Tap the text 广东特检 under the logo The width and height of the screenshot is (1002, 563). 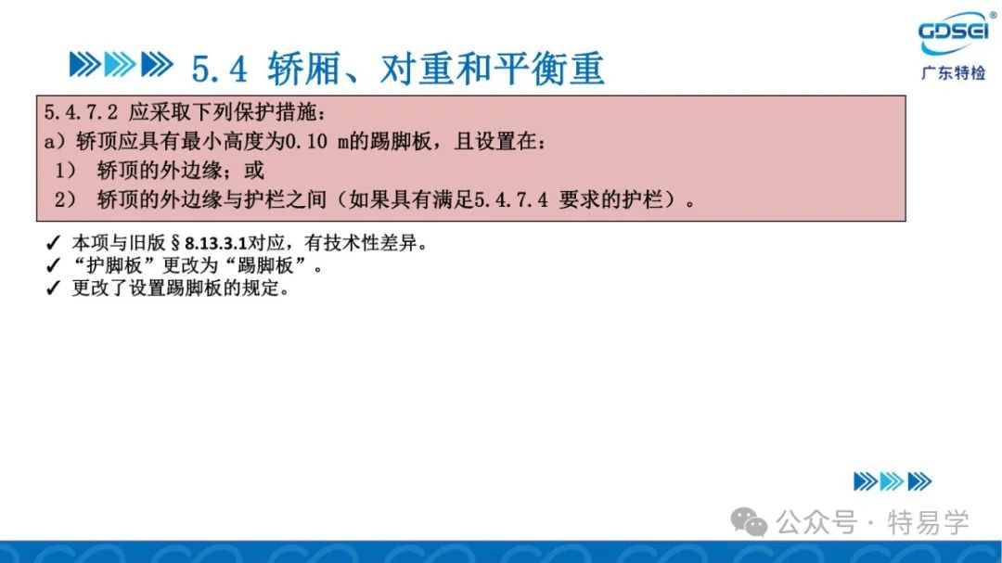(x=954, y=73)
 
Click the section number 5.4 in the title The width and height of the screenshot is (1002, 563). (x=219, y=69)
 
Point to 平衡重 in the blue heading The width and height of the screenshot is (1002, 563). (x=549, y=69)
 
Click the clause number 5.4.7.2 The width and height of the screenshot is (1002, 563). (x=81, y=113)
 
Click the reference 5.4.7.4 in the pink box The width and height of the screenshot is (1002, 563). (x=510, y=200)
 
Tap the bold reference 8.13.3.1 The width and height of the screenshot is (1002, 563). (x=215, y=244)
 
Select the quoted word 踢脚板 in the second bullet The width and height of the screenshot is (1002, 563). (x=264, y=265)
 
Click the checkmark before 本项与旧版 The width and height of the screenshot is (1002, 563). (x=53, y=244)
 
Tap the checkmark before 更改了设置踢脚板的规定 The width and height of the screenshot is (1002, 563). (x=53, y=288)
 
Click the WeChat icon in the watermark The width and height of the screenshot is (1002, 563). (x=749, y=522)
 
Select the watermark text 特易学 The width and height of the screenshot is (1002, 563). (x=928, y=523)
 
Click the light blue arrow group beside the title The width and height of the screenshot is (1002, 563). (x=120, y=65)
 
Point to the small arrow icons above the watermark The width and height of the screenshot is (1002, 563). (x=893, y=481)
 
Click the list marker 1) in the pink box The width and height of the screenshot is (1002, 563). (x=65, y=171)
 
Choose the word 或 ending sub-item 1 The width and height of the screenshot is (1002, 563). (x=253, y=171)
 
